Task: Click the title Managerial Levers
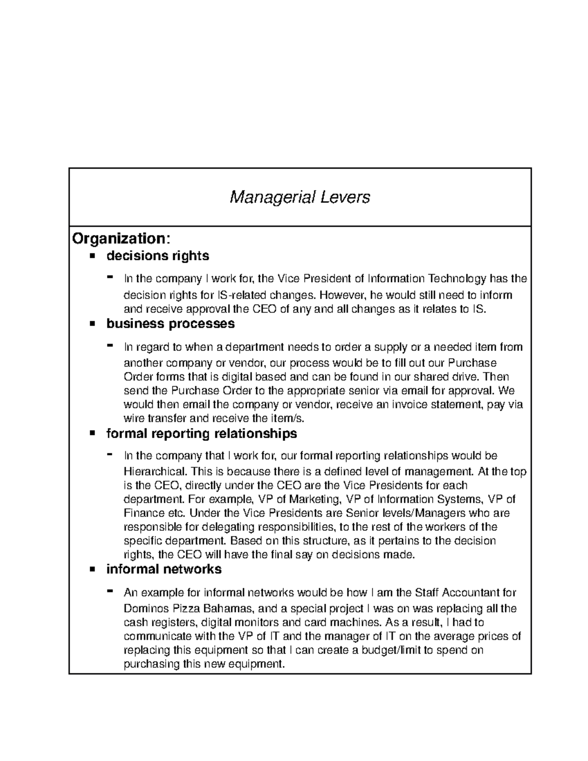coord(300,197)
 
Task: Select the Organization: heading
coord(122,239)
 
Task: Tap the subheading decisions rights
coord(158,256)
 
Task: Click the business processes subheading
coord(171,324)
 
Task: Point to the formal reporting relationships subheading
coord(201,434)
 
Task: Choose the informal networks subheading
coord(164,569)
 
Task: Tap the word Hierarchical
coord(155,472)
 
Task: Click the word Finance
coord(143,514)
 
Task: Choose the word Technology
coord(457,279)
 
